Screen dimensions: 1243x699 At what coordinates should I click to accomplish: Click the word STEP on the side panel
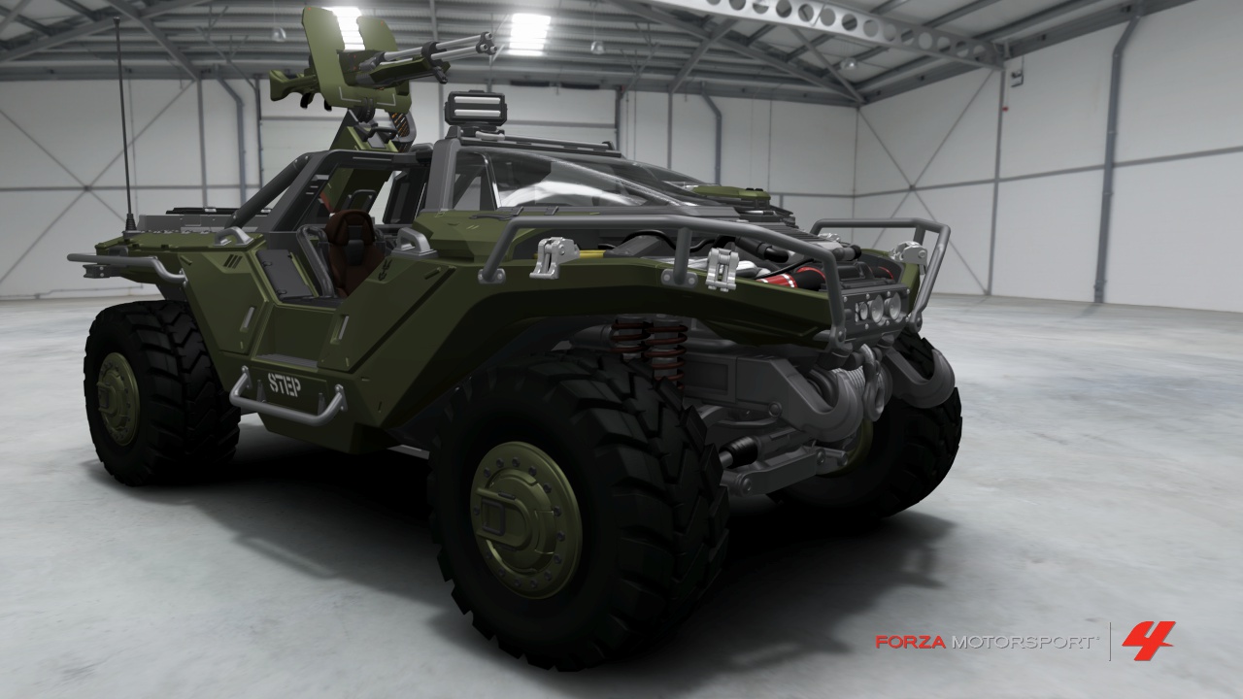coord(285,383)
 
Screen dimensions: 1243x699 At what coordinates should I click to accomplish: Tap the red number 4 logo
coord(1148,642)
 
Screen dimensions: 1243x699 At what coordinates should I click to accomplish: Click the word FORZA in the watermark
coord(910,643)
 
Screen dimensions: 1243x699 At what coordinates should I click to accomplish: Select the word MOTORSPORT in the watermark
coord(1024,643)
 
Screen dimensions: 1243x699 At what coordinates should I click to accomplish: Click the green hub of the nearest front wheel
coord(525,518)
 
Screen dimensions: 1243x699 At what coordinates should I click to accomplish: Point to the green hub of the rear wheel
coord(118,398)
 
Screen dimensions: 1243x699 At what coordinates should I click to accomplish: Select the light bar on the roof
coord(476,108)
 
